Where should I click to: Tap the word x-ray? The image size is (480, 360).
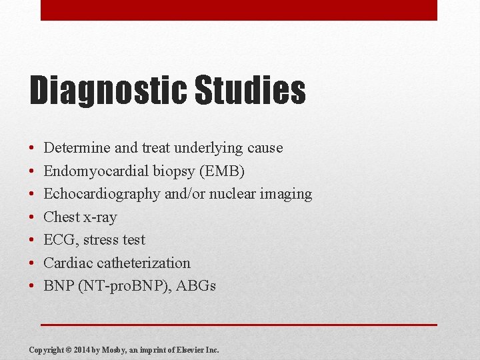point(100,217)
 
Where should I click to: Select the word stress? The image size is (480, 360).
point(101,240)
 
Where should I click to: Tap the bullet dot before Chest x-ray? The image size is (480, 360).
point(32,217)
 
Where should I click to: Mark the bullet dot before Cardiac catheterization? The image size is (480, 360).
point(32,263)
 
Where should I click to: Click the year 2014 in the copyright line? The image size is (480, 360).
point(82,350)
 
